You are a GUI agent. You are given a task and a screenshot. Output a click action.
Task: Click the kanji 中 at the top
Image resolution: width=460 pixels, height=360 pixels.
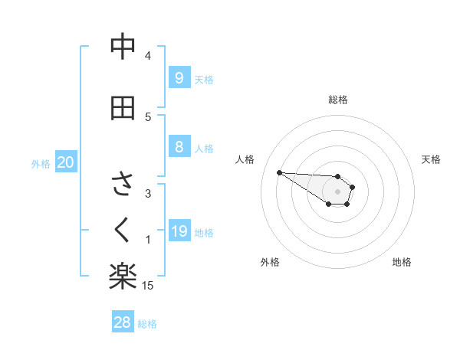(123, 47)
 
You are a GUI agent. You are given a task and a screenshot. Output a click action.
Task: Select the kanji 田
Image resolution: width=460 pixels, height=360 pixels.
(123, 108)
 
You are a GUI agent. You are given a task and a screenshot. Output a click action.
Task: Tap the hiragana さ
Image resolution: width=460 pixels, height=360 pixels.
(123, 185)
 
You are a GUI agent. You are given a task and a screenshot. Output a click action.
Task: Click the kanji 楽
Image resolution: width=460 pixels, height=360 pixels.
(123, 277)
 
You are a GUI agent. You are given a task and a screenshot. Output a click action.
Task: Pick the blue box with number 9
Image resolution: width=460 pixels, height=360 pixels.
(179, 78)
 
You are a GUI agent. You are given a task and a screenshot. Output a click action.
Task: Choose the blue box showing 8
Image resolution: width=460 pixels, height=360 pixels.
(179, 147)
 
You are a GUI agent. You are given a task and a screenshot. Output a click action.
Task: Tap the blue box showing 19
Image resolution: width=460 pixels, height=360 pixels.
(179, 231)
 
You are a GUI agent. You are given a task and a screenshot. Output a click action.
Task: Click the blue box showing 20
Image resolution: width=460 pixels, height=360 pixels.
(66, 162)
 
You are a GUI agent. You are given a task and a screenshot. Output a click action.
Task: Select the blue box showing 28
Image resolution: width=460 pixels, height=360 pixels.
(123, 322)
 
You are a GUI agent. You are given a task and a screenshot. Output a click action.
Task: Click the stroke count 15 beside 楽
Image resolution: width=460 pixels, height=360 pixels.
(148, 286)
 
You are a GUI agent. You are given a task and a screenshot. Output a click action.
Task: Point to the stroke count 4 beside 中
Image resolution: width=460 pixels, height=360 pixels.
(148, 56)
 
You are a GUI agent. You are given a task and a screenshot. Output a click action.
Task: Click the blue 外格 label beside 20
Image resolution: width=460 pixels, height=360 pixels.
(41, 164)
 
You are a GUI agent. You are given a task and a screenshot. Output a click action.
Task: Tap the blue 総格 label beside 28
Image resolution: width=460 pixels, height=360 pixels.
(147, 324)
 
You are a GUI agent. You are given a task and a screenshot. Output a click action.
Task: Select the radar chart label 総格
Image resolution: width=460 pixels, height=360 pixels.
(338, 100)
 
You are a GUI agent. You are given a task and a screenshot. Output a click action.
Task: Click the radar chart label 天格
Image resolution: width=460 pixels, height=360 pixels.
(431, 159)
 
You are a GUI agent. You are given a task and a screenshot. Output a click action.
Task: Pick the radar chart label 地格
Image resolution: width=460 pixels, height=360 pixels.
(402, 262)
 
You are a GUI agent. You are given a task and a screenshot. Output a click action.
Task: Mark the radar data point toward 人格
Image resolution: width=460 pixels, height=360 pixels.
(279, 172)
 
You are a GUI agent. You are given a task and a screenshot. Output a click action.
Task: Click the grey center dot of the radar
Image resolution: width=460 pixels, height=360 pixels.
(337, 191)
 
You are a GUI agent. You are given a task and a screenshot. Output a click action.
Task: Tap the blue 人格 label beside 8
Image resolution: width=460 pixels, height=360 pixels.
(204, 149)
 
